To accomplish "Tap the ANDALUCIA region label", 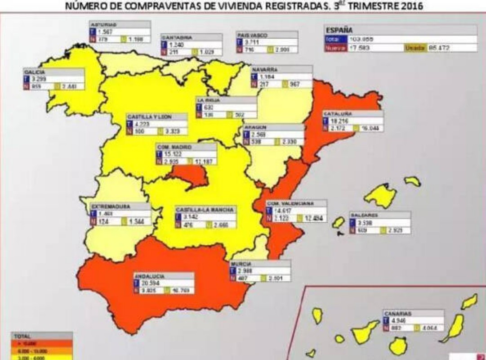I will pos(149,276).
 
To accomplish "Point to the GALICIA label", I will pos(35,72).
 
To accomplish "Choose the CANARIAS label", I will pos(398,313).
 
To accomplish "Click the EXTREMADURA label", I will pos(111,207).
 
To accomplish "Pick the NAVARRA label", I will pos(265,70).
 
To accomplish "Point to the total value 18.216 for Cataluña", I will pos(340,121).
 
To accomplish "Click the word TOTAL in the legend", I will pos(22,336).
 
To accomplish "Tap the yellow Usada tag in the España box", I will pos(415,48).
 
